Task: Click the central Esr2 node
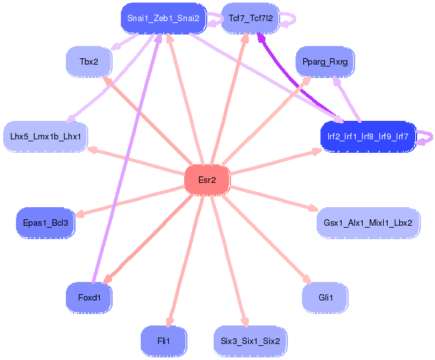(x=207, y=180)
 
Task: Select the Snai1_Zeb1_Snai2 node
(x=163, y=19)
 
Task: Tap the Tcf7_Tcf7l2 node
(x=250, y=19)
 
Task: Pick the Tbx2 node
(x=89, y=62)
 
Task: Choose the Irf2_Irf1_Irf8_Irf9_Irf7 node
(x=368, y=136)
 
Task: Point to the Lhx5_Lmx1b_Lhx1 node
(x=45, y=136)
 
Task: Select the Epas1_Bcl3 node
(x=45, y=223)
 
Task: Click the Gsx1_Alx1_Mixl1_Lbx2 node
(x=368, y=223)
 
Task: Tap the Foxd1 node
(x=89, y=297)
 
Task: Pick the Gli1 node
(x=325, y=297)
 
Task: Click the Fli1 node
(x=163, y=341)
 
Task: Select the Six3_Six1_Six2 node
(x=250, y=341)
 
